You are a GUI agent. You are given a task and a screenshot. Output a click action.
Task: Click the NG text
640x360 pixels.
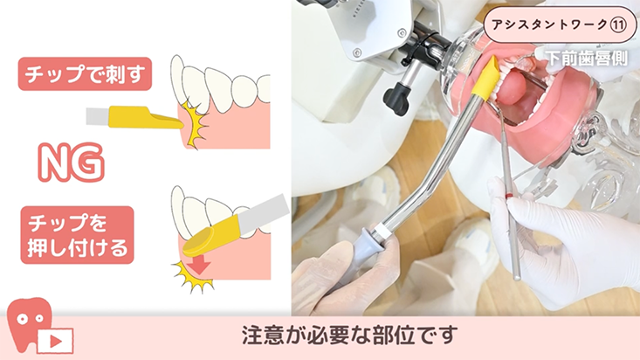[71, 163]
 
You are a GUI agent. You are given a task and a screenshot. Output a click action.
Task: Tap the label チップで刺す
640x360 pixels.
[85, 74]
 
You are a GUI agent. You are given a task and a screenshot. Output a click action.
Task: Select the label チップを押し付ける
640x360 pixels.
[77, 235]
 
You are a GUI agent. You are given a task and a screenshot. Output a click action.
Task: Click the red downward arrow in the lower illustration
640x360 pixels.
[199, 266]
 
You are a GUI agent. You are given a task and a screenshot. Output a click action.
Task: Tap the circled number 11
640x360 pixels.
[617, 25]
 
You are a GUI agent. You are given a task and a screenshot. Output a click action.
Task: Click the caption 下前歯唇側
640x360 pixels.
[586, 59]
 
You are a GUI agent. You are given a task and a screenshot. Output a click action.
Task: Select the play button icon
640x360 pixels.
[56, 341]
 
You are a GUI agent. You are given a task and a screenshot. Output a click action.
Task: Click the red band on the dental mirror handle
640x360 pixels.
[509, 196]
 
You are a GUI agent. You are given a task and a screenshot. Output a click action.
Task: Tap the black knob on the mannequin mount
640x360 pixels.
[396, 100]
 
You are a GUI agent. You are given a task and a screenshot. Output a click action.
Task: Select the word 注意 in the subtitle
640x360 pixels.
[258, 335]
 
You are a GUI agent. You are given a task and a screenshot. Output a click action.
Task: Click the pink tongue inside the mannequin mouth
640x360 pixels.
[513, 88]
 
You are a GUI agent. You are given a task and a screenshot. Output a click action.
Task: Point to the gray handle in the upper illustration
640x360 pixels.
[98, 116]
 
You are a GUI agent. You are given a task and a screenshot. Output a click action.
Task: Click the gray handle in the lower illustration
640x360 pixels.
[264, 213]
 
